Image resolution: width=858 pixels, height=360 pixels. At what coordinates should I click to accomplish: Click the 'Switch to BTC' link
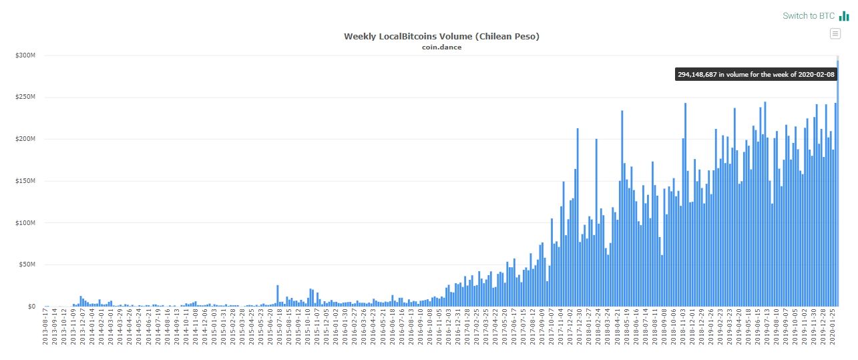808,15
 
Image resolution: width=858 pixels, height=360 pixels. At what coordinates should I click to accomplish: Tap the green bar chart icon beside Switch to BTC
844,15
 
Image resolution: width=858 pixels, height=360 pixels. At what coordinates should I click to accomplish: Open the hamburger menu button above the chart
835,33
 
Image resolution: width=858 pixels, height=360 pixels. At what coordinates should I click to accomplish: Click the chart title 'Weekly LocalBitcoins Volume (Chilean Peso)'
441,37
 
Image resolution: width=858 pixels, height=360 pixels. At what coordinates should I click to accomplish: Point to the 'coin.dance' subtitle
441,47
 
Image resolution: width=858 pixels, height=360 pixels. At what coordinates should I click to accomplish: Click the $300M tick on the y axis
26,55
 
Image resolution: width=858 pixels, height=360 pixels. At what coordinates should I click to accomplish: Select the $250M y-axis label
26,98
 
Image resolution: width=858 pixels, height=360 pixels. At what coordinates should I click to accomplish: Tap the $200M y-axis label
26,139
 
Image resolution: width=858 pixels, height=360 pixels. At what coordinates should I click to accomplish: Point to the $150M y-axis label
26,181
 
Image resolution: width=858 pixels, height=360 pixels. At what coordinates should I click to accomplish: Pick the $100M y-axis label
26,223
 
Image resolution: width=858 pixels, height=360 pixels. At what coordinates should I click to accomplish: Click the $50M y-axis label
27,264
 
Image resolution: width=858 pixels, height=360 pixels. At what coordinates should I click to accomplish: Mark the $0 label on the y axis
31,307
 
